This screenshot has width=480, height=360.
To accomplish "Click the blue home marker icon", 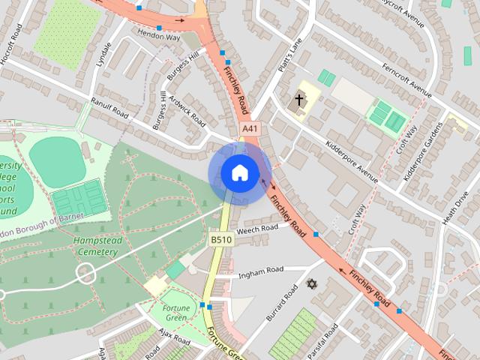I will pyautogui.click(x=239, y=173).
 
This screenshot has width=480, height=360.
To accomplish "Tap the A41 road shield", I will pyautogui.click(x=250, y=130).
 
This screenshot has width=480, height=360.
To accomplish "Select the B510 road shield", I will pyautogui.click(x=219, y=239).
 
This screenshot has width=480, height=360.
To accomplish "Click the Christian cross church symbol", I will pyautogui.click(x=298, y=99).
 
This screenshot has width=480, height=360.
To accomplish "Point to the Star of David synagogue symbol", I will pyautogui.click(x=312, y=284).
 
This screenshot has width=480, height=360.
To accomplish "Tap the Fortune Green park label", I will pyautogui.click(x=175, y=313).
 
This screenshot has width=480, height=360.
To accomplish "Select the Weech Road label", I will pyautogui.click(x=257, y=230).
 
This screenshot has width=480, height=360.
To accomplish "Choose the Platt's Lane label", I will pyautogui.click(x=290, y=55).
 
